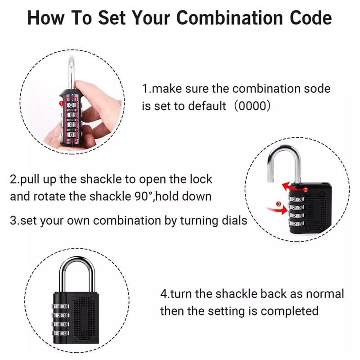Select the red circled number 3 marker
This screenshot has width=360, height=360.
coord(279,205)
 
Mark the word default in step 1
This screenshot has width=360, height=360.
coord(207,106)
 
